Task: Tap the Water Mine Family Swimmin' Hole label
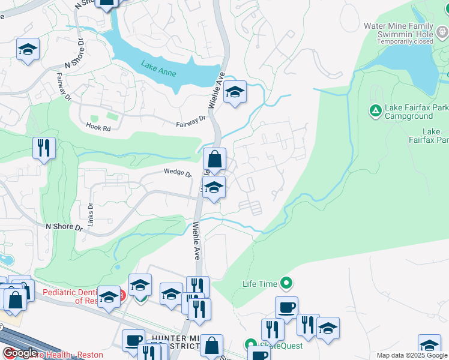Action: point(398,30)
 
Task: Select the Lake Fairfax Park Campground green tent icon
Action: point(375,110)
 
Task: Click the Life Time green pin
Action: point(286,283)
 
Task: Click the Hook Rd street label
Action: point(98,128)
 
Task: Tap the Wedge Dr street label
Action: point(177,173)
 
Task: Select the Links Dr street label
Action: point(91,213)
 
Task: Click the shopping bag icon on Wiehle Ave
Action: point(214,160)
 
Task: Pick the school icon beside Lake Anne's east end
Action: point(235,92)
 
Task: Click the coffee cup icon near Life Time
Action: point(286,308)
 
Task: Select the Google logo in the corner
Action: point(19,353)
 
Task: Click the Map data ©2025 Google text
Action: point(412,355)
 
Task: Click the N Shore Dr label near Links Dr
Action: point(64,227)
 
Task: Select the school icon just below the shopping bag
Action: point(214,188)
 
